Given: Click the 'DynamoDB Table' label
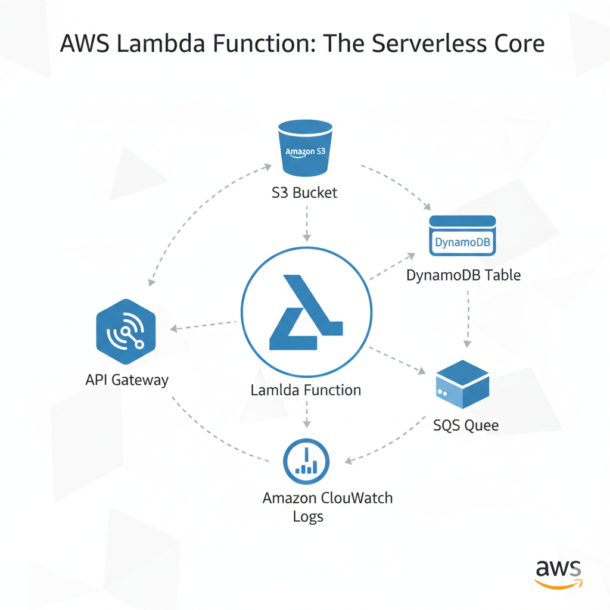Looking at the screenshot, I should [x=463, y=275].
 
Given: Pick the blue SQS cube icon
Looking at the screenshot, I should [x=462, y=384].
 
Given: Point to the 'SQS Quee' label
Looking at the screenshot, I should [x=466, y=425].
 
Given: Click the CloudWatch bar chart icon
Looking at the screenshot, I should [x=307, y=462].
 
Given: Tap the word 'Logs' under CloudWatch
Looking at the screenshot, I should [x=308, y=516].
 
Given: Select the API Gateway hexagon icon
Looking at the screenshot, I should [x=125, y=332].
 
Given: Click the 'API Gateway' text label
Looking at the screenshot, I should [x=127, y=379].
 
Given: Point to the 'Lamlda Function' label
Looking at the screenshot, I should [x=306, y=390].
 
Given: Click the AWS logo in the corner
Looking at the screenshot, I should [x=558, y=573].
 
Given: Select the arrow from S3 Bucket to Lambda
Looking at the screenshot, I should [x=306, y=223].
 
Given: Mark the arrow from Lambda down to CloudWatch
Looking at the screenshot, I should [x=306, y=413].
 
